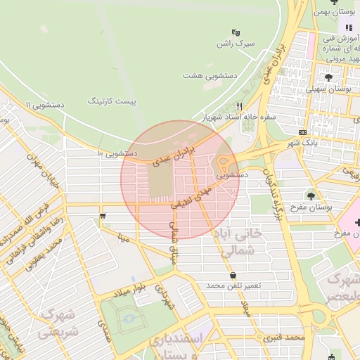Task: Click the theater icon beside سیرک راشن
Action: coord(236,32)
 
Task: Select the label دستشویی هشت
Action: coord(210,75)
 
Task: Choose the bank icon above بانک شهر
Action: coord(302,132)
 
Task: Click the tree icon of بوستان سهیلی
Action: coord(329,76)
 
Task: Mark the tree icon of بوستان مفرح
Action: coord(311,195)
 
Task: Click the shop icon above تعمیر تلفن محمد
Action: coord(233,275)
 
